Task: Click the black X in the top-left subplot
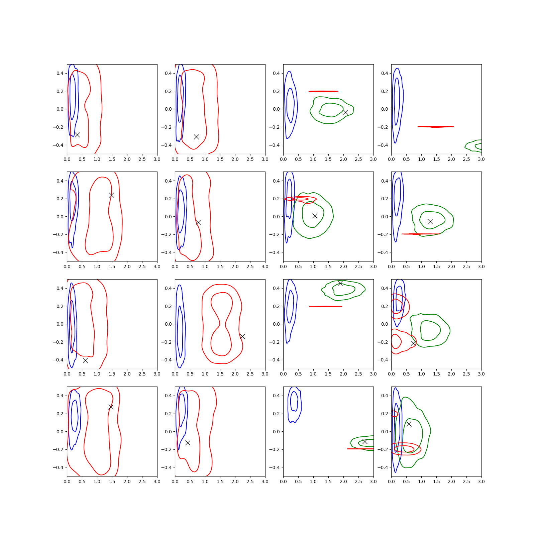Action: [x=77, y=135]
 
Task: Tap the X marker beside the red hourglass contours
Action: [x=242, y=336]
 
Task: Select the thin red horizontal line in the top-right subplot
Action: [x=436, y=127]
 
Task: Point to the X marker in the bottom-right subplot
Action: [x=409, y=424]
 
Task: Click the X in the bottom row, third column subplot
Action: [x=365, y=441]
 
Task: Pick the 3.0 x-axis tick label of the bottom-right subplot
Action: [x=481, y=481]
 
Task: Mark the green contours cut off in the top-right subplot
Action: [x=473, y=146]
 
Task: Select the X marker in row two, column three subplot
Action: [x=315, y=216]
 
